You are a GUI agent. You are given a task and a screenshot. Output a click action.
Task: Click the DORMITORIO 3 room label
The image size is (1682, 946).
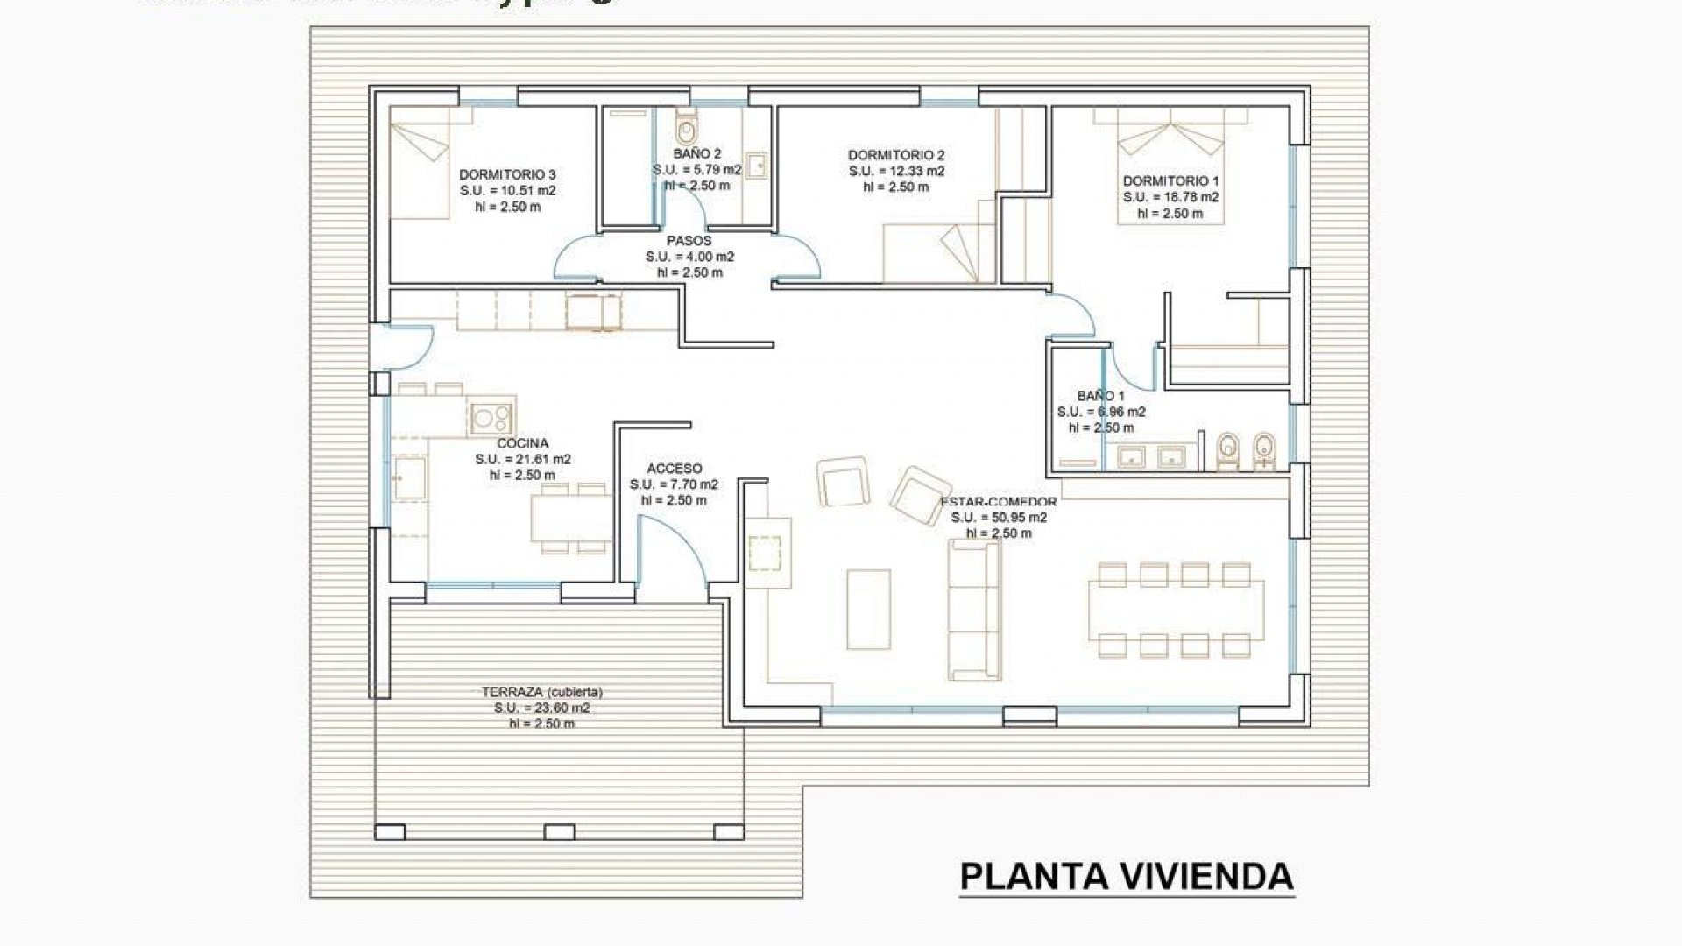click(507, 174)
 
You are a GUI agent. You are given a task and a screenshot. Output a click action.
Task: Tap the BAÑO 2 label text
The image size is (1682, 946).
click(697, 153)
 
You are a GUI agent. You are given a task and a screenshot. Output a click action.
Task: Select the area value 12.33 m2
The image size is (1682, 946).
click(896, 171)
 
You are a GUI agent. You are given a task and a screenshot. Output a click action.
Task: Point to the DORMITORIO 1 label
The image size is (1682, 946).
click(1170, 181)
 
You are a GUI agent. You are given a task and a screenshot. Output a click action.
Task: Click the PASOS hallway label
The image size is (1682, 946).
click(689, 240)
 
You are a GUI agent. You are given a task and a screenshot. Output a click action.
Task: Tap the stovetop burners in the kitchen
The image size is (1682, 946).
click(490, 417)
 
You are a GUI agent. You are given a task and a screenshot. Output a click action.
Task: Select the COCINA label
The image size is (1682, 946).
click(523, 443)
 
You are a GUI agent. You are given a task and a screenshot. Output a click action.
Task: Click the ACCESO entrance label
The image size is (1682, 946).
click(674, 469)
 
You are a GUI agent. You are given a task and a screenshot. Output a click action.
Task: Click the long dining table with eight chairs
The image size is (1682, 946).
click(1176, 611)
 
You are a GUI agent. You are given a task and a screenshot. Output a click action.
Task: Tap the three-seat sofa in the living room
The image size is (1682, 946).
click(974, 610)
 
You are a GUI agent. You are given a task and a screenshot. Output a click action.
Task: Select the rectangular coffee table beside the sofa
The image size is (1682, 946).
click(868, 610)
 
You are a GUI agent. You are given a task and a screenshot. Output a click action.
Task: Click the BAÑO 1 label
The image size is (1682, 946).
click(1101, 396)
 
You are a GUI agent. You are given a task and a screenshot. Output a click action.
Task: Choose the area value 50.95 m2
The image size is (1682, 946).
click(999, 517)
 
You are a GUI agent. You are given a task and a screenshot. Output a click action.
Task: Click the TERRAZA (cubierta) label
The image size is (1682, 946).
click(541, 692)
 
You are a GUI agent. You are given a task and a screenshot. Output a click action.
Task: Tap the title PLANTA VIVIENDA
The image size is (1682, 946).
click(1127, 877)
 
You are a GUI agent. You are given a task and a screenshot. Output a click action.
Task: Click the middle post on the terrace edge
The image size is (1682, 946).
click(559, 832)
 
